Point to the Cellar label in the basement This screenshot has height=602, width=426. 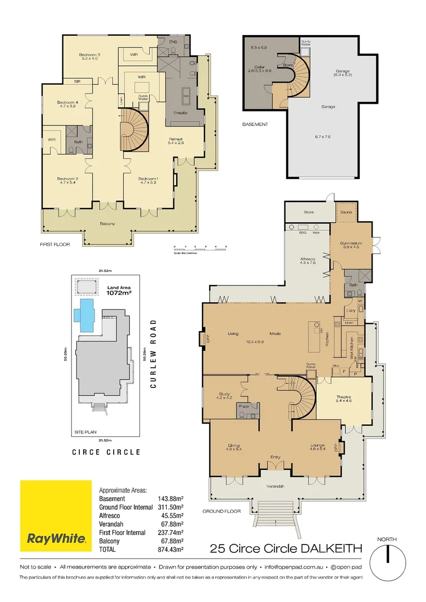click(x=260, y=69)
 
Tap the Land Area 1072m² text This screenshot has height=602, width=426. click(x=118, y=290)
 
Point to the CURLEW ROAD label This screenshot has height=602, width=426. click(x=153, y=353)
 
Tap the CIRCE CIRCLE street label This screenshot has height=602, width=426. click(x=106, y=452)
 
